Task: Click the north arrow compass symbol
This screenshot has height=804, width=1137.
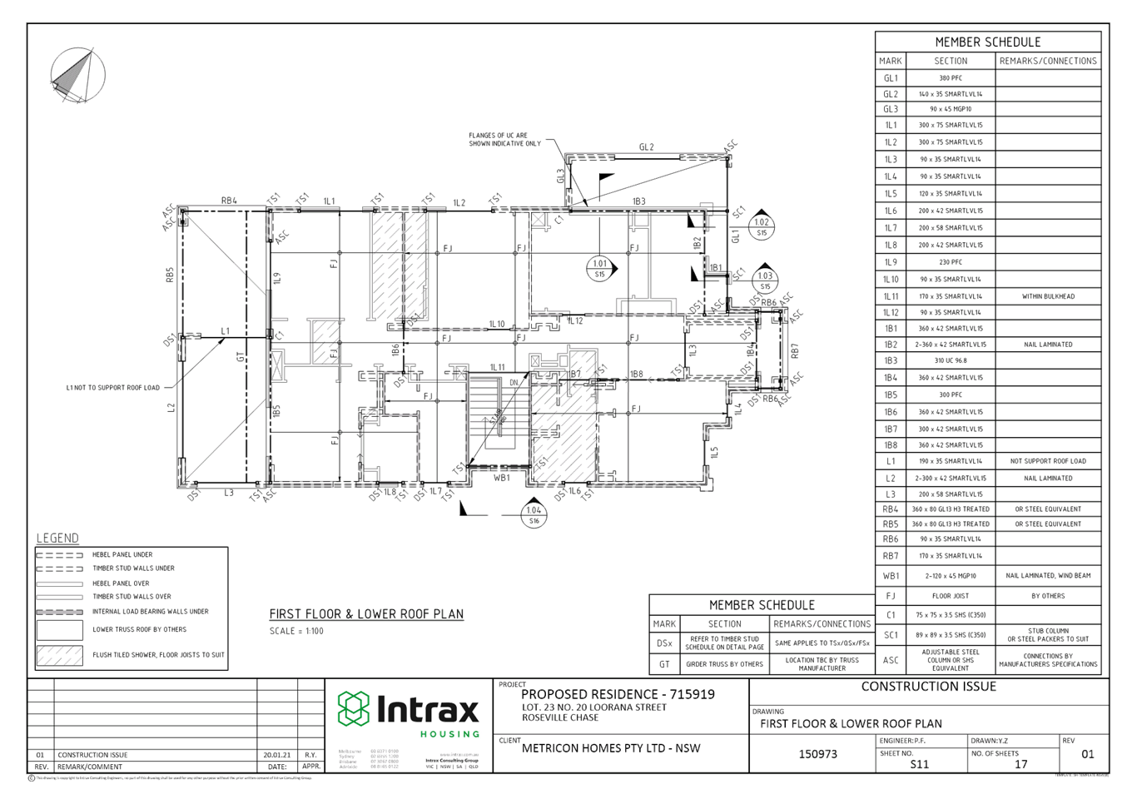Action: [77, 75]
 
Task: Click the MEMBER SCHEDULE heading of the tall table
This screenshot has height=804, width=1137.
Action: [987, 42]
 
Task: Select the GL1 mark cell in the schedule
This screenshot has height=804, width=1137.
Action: [890, 77]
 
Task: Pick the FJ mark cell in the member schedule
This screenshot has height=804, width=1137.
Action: [890, 596]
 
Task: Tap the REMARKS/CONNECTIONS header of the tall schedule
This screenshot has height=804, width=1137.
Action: [1048, 61]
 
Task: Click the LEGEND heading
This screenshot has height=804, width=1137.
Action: [57, 538]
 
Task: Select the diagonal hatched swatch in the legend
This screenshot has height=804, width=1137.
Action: [59, 656]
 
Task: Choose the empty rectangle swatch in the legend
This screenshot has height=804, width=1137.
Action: [59, 630]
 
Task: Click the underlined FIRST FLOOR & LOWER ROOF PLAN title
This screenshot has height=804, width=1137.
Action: [366, 614]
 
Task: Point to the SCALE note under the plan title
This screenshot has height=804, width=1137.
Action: [296, 631]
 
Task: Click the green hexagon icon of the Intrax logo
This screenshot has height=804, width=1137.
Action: [353, 708]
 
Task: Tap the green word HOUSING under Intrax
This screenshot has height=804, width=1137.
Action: [449, 735]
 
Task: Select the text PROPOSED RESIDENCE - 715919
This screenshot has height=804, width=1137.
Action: [617, 694]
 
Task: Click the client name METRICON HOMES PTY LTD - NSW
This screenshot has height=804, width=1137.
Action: [611, 748]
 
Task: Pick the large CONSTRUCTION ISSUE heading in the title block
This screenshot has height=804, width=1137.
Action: [928, 687]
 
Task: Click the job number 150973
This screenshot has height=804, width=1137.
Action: [817, 754]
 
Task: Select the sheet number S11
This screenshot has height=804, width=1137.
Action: [919, 763]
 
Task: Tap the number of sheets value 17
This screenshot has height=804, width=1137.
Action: [1020, 763]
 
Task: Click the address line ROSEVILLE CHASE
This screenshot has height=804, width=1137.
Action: [560, 717]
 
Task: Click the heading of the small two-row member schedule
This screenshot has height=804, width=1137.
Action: [761, 605]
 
